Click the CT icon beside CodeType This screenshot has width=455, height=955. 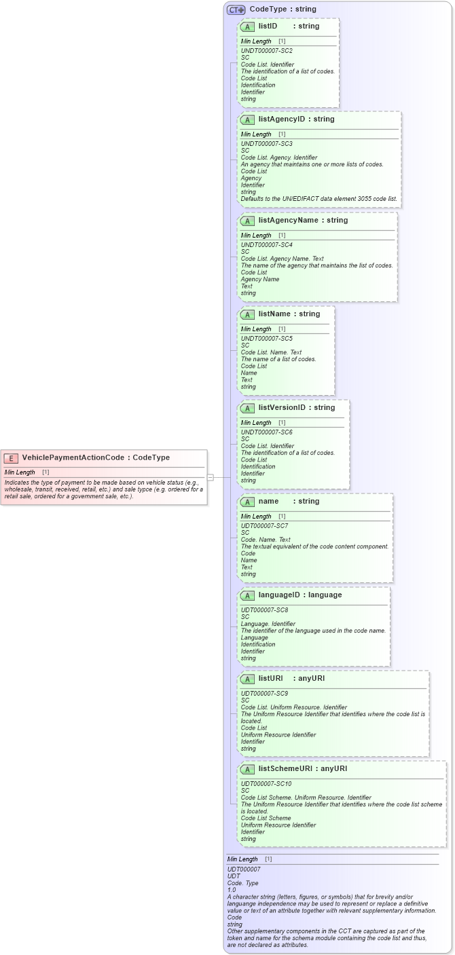[x=236, y=10]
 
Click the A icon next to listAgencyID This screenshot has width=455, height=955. [x=247, y=119]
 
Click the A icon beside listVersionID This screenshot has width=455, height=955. [x=247, y=408]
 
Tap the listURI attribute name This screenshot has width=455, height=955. [x=270, y=679]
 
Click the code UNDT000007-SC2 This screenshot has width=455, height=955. [x=267, y=51]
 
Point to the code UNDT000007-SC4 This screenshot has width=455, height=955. [x=267, y=245]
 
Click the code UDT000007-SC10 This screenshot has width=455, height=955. [x=266, y=784]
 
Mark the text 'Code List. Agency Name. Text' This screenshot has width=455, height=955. [x=282, y=259]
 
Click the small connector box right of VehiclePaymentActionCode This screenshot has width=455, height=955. [x=211, y=477]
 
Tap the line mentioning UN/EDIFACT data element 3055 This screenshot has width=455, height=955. [x=318, y=199]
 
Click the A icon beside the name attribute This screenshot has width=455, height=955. [x=247, y=502]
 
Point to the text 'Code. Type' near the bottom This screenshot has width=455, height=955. [x=242, y=883]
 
